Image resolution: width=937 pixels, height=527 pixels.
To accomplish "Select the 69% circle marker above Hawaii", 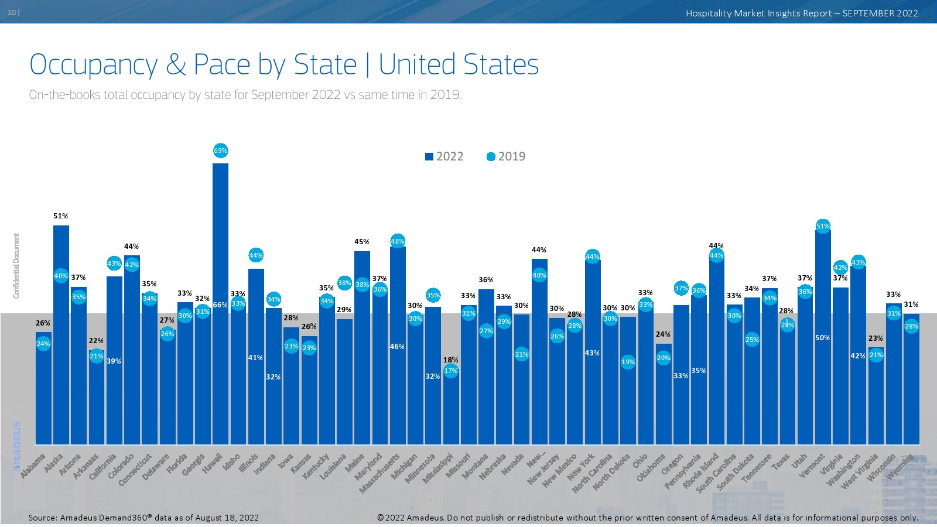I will coord(220,150).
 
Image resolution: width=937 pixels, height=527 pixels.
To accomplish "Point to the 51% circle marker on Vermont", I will coord(823,226).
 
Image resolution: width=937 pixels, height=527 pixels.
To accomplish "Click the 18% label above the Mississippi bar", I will coord(450,360).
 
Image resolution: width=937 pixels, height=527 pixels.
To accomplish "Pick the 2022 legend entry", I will coord(444,156).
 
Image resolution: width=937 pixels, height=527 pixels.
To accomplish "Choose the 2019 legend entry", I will coord(506,156).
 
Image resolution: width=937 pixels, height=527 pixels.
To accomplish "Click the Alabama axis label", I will coord(33,466).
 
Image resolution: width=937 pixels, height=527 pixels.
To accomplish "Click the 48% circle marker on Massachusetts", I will coord(397,241).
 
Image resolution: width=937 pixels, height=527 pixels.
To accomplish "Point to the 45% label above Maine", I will coord(362,242).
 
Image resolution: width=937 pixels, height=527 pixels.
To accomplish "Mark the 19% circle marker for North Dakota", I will coord(628,362).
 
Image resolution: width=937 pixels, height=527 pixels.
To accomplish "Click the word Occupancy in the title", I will coord(94,64).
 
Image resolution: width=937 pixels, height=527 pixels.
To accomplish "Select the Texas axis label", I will coord(782,462).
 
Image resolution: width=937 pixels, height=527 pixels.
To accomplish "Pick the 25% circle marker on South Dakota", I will coord(752,340).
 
